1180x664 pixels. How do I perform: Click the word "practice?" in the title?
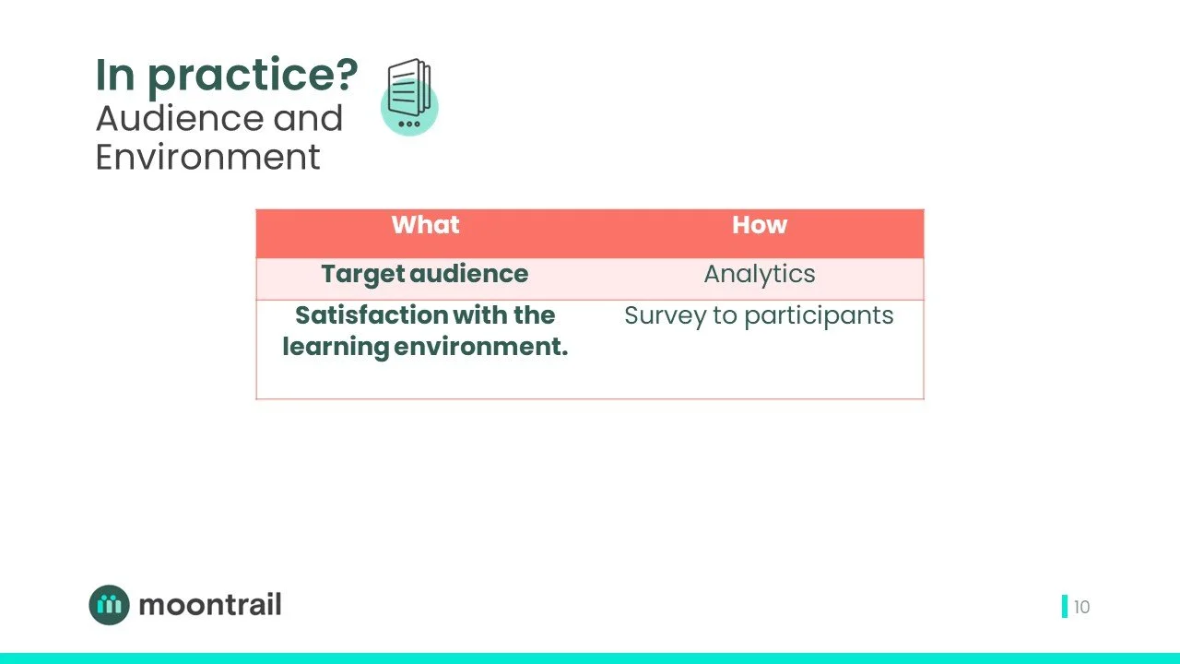tap(253, 76)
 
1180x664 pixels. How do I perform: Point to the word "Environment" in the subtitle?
tap(207, 157)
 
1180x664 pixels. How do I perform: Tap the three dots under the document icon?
tap(408, 124)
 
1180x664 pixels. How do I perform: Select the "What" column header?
tap(425, 225)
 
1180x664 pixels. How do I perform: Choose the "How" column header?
tap(759, 225)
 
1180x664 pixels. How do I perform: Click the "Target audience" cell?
tap(425, 274)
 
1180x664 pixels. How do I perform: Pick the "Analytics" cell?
tap(759, 274)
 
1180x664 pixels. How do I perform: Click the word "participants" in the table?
tap(819, 316)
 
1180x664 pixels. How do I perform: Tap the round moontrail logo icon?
tap(110, 605)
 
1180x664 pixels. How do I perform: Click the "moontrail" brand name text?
tap(209, 605)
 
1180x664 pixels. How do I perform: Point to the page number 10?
tap(1081, 607)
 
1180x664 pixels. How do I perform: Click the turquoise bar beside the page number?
tap(1065, 607)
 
